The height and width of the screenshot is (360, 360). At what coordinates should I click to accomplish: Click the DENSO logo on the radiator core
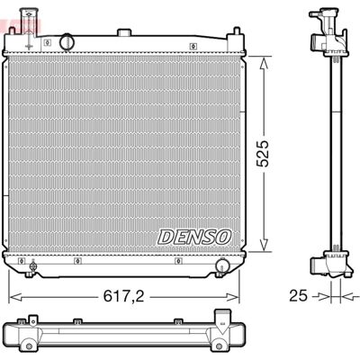194,237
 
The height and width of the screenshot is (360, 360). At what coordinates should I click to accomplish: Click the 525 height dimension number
263,153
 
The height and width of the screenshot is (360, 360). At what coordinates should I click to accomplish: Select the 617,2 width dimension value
123,297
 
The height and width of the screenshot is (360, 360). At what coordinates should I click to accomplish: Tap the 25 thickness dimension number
298,296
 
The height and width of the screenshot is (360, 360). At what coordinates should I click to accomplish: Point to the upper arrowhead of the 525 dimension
264,63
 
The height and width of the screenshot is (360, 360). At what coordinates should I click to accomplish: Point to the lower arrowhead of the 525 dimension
264,245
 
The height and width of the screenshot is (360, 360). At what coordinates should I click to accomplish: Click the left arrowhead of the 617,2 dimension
15,297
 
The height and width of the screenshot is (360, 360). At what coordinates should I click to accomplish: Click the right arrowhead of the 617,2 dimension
233,297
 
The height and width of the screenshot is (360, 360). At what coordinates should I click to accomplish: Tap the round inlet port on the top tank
67,42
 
